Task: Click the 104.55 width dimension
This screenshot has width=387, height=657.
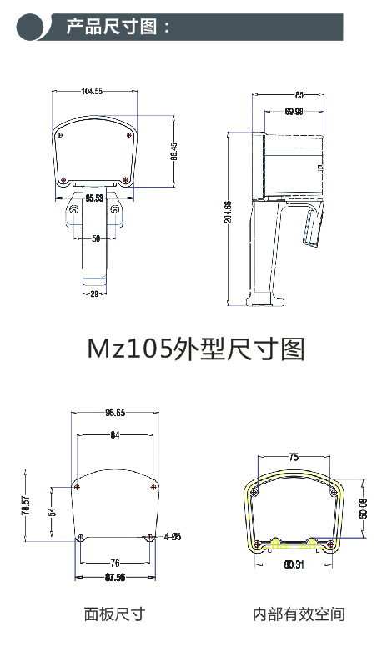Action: pos(92,91)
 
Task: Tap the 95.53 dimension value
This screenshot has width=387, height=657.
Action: pos(94,198)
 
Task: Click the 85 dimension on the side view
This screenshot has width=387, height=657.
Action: pos(299,95)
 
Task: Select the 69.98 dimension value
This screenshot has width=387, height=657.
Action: pos(294,111)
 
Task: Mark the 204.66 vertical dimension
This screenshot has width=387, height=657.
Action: pos(229,213)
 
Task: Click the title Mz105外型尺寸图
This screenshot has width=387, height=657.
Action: pos(195,349)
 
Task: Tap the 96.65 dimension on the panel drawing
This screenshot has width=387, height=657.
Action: pos(115,413)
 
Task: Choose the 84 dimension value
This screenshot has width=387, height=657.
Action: pos(114,434)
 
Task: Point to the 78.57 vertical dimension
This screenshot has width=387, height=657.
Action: pos(26,506)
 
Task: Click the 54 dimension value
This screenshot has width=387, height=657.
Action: pos(51,512)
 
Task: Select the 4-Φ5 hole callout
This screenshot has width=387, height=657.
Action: pos(172,536)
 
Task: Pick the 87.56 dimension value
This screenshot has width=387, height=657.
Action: pos(115,577)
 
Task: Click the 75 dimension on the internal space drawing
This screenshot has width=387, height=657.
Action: pos(293,457)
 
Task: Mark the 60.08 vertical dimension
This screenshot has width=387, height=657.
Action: pos(362,508)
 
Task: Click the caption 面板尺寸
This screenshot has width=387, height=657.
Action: pos(114,614)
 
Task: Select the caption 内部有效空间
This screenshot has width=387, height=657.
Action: pos(298,614)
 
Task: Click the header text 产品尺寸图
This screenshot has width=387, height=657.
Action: pos(118,27)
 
